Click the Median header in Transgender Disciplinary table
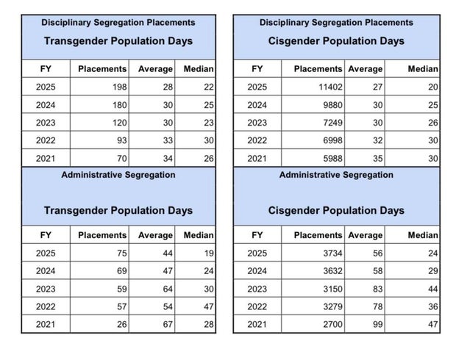[198, 69]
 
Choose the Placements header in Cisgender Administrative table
[318, 235]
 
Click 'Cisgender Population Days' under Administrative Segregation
[336, 210]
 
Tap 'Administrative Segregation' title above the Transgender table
[118, 175]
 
